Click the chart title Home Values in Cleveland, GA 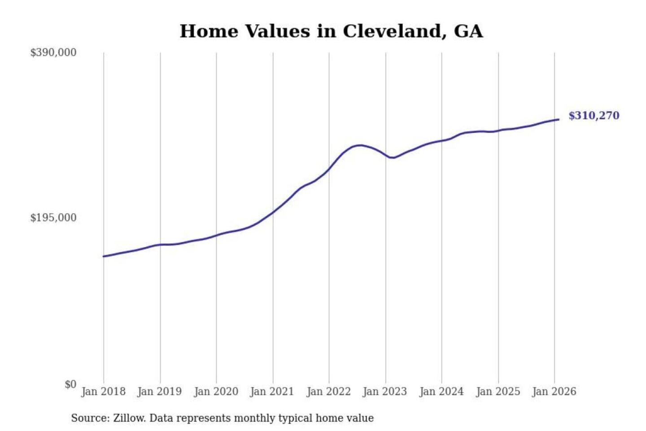[331, 31]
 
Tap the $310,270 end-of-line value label [594, 116]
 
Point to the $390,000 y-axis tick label [53, 53]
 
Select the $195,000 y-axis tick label [53, 218]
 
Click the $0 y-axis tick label [70, 384]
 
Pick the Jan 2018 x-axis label [103, 391]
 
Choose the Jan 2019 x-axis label [159, 391]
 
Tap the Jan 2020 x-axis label [216, 391]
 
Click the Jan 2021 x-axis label [272, 391]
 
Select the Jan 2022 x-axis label [328, 391]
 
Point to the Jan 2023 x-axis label [384, 391]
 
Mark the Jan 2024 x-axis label [441, 391]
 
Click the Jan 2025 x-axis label [498, 391]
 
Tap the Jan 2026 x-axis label [554, 391]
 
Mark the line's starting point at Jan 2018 [104, 256]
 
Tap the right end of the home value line [559, 119]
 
